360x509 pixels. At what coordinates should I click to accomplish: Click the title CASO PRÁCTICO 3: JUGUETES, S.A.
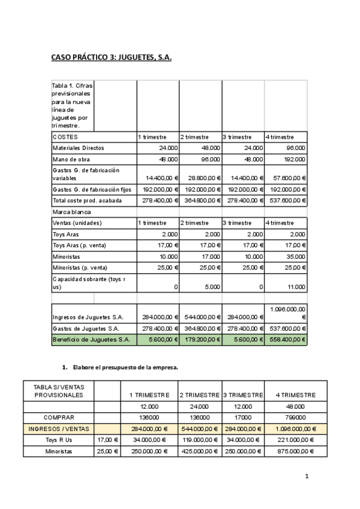point(107,58)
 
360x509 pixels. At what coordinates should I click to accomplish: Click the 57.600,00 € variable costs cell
point(286,178)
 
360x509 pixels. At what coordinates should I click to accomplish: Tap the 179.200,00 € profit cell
point(200,340)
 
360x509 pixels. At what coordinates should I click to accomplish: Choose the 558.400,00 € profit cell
point(286,340)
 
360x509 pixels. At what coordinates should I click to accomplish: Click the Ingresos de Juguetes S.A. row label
point(88,317)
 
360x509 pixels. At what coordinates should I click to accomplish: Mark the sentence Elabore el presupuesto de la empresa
point(125,367)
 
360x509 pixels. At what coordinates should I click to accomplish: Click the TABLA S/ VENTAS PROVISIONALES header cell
point(58,391)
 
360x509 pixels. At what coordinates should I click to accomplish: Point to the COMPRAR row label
point(58,417)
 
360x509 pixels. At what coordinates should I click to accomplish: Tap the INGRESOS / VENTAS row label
point(58,429)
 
